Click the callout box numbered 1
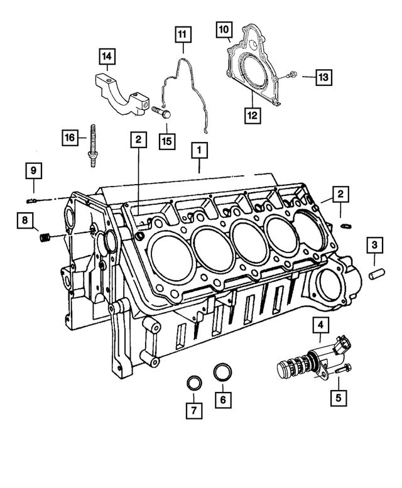pyautogui.click(x=199, y=151)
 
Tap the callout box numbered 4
pyautogui.click(x=320, y=325)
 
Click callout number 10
pyautogui.click(x=224, y=29)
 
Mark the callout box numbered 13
pyautogui.click(x=323, y=78)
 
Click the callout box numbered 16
pyautogui.click(x=69, y=136)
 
